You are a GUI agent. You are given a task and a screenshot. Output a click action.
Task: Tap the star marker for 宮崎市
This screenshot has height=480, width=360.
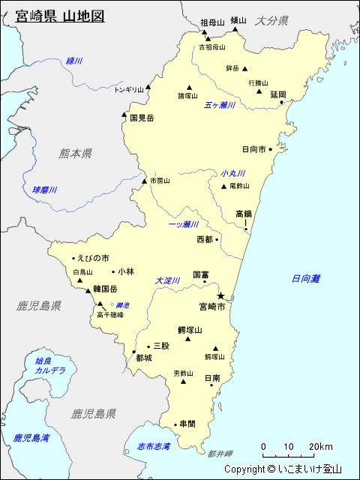[x=221, y=295]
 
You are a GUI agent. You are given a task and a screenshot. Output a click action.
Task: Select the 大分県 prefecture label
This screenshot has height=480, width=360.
[x=271, y=21]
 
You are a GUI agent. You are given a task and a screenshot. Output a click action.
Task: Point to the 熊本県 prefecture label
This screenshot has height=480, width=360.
[x=75, y=153]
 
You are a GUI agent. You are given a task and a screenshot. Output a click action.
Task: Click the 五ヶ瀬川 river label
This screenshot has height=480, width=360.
[x=220, y=105]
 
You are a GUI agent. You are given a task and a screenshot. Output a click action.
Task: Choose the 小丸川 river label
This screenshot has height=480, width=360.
[x=232, y=173]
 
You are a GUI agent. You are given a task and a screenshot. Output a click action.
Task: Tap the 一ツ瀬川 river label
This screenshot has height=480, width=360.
[x=183, y=224]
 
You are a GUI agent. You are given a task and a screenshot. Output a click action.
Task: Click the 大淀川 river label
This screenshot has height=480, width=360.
[x=168, y=280]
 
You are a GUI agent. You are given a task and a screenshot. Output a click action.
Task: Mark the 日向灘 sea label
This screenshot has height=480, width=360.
[x=306, y=278]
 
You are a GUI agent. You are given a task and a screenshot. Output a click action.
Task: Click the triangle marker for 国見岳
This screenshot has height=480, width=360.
[x=124, y=115]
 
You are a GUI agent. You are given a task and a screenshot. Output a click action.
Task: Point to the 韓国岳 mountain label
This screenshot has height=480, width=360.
[x=106, y=289]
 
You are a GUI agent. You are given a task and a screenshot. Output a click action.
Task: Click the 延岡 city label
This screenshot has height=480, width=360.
[x=278, y=94]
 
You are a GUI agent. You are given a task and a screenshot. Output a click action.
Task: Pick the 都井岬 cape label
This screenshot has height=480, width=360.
[x=220, y=454]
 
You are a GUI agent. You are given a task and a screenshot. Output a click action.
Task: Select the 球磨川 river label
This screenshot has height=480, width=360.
[x=44, y=190]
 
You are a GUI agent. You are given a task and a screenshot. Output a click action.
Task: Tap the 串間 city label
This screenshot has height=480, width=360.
[x=187, y=424]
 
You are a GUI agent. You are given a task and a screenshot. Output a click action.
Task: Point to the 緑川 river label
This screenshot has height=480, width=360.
[x=73, y=60]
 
